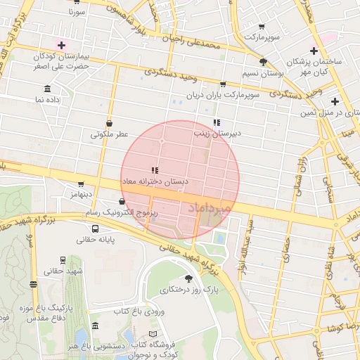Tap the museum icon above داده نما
click(x=47, y=89)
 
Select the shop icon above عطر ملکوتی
click(x=109, y=122)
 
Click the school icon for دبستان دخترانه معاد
click(x=154, y=170)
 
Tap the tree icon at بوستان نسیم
click(x=263, y=62)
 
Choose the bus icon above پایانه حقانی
click(x=95, y=228)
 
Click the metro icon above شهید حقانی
click(x=64, y=259)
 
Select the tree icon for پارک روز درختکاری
click(x=188, y=279)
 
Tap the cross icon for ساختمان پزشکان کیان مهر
click(x=314, y=51)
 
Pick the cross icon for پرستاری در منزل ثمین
click(x=335, y=101)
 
